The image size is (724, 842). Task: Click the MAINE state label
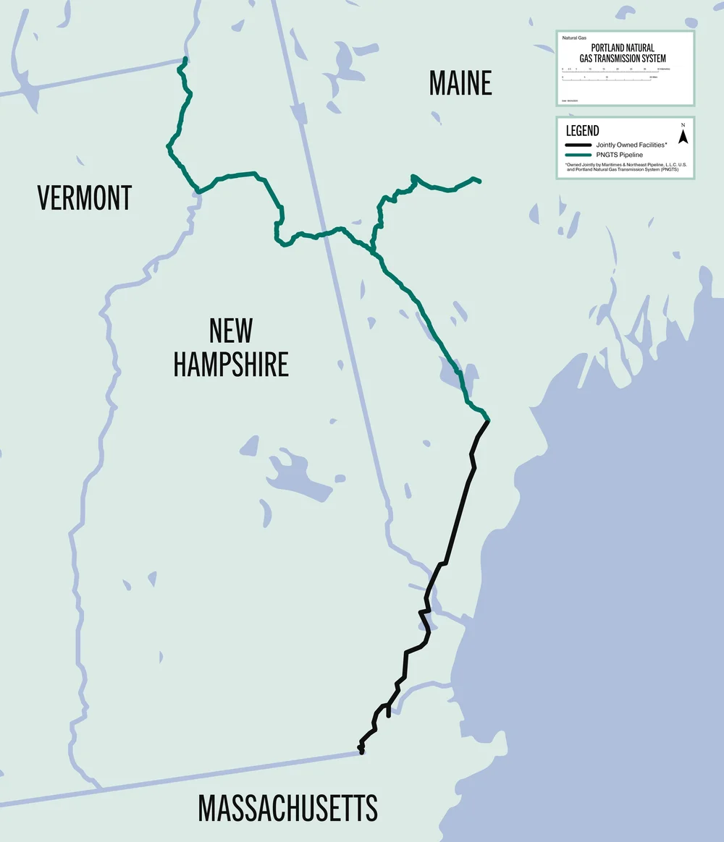tap(460, 83)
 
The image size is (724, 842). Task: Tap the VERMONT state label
tap(85, 197)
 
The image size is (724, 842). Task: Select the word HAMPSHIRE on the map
tap(231, 364)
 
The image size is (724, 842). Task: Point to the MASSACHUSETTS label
tap(288, 807)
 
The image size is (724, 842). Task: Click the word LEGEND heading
tap(582, 131)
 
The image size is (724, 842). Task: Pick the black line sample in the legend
tap(578, 145)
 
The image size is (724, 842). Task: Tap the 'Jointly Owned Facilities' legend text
tap(631, 145)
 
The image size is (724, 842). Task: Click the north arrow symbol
tap(682, 135)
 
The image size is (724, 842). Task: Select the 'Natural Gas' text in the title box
tap(574, 37)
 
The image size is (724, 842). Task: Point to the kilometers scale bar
tap(610, 71)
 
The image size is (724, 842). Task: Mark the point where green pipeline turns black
tap(487, 420)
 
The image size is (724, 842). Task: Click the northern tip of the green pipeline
tap(186, 59)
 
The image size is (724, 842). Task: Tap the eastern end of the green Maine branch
tap(479, 181)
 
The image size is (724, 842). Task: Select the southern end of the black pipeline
tap(361, 752)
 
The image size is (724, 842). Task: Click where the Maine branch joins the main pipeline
tap(374, 252)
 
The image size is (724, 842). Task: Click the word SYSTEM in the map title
tap(650, 58)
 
